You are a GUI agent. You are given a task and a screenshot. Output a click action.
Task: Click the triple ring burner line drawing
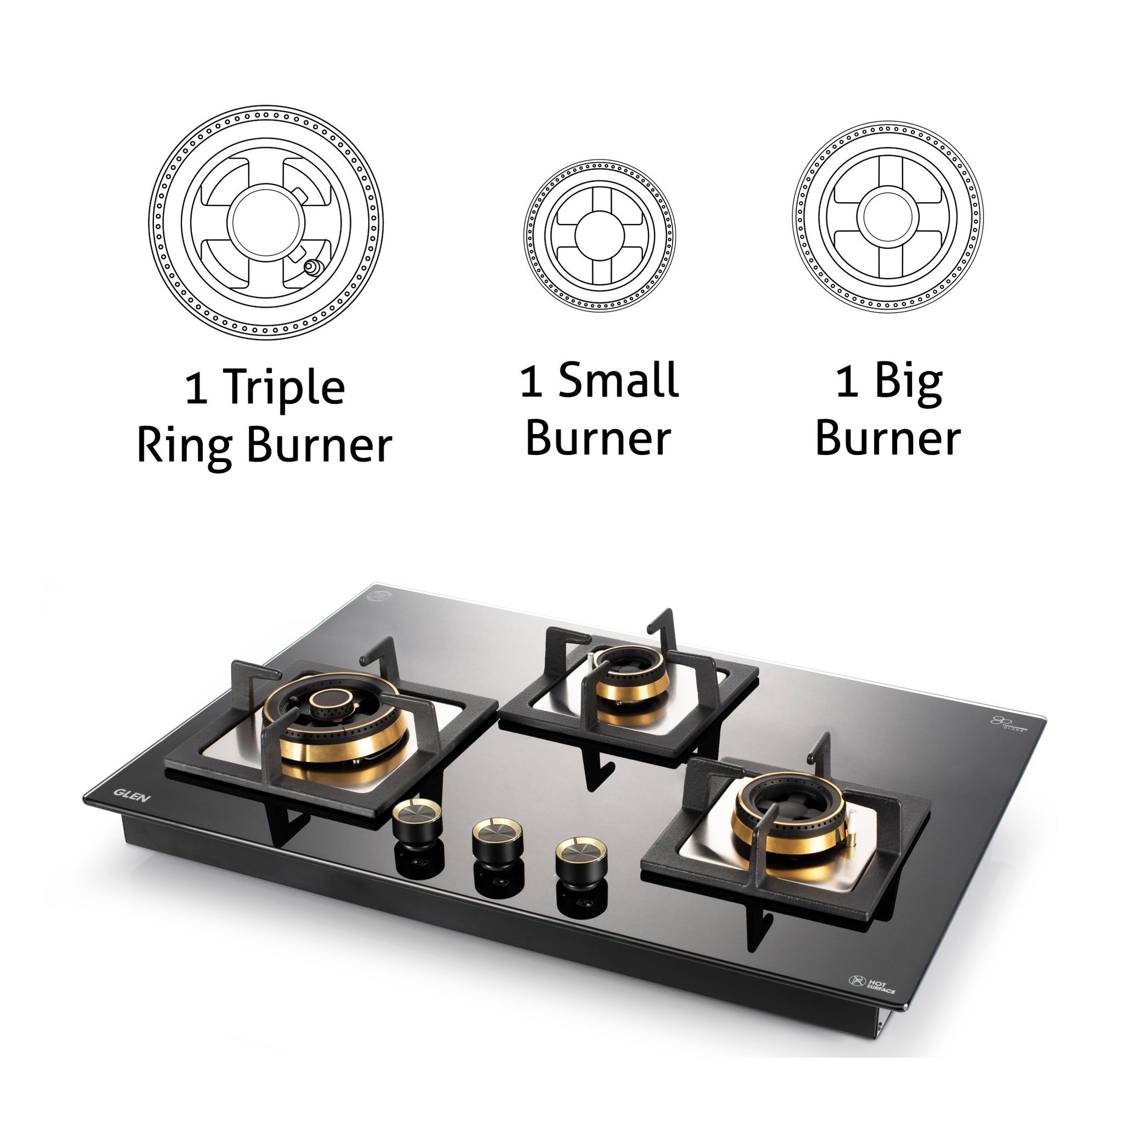pyautogui.click(x=265, y=222)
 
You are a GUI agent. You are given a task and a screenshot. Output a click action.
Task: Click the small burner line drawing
pyautogui.click(x=599, y=235)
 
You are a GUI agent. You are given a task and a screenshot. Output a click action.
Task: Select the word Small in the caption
pyautogui.click(x=619, y=381)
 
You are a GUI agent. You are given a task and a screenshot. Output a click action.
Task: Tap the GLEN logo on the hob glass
pyautogui.click(x=132, y=794)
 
